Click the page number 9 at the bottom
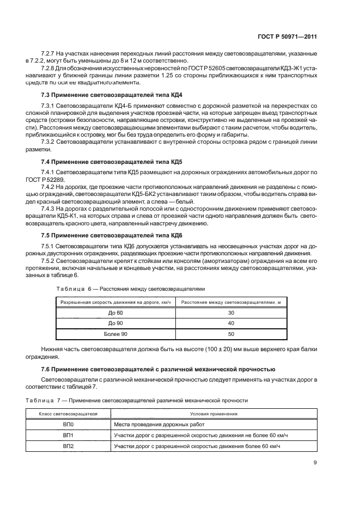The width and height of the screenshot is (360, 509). tap(315, 463)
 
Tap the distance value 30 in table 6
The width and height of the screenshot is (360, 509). tap(231, 313)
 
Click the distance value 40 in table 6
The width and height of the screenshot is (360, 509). tap(231, 323)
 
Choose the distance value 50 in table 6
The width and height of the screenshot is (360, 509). tap(231, 334)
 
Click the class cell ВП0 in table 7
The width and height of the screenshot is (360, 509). tap(68, 425)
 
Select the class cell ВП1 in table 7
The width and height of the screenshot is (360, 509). tap(68, 436)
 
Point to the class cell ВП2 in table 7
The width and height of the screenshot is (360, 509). tap(68, 446)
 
